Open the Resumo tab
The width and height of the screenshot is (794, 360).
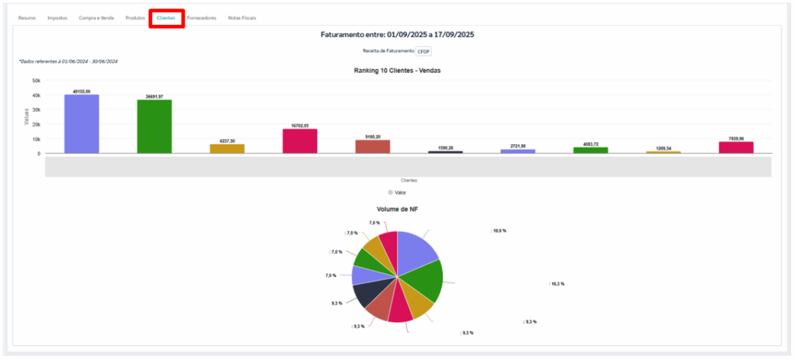27,17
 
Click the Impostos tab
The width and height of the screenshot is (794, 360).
57,17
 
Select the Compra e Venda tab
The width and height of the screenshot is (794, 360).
96,17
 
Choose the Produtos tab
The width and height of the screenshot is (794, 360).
135,17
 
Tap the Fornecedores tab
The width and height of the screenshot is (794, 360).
202,17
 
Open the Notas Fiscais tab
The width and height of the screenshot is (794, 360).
242,17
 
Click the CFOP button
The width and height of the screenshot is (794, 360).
423,50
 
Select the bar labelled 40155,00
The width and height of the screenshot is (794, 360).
81,124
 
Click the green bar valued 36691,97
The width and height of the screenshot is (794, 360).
154,126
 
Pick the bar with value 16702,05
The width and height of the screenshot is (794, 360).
300,141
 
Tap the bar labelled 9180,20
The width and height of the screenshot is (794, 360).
373,147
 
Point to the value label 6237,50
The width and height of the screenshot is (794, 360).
227,140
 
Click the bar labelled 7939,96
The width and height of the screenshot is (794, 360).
736,147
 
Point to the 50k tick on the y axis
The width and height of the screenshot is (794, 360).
36,80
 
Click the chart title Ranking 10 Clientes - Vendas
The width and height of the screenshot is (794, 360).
397,71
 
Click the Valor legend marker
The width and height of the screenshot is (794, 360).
391,192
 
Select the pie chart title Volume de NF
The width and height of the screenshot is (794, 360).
397,209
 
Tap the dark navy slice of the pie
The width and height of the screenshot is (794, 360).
366,293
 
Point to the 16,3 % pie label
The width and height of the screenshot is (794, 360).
557,284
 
